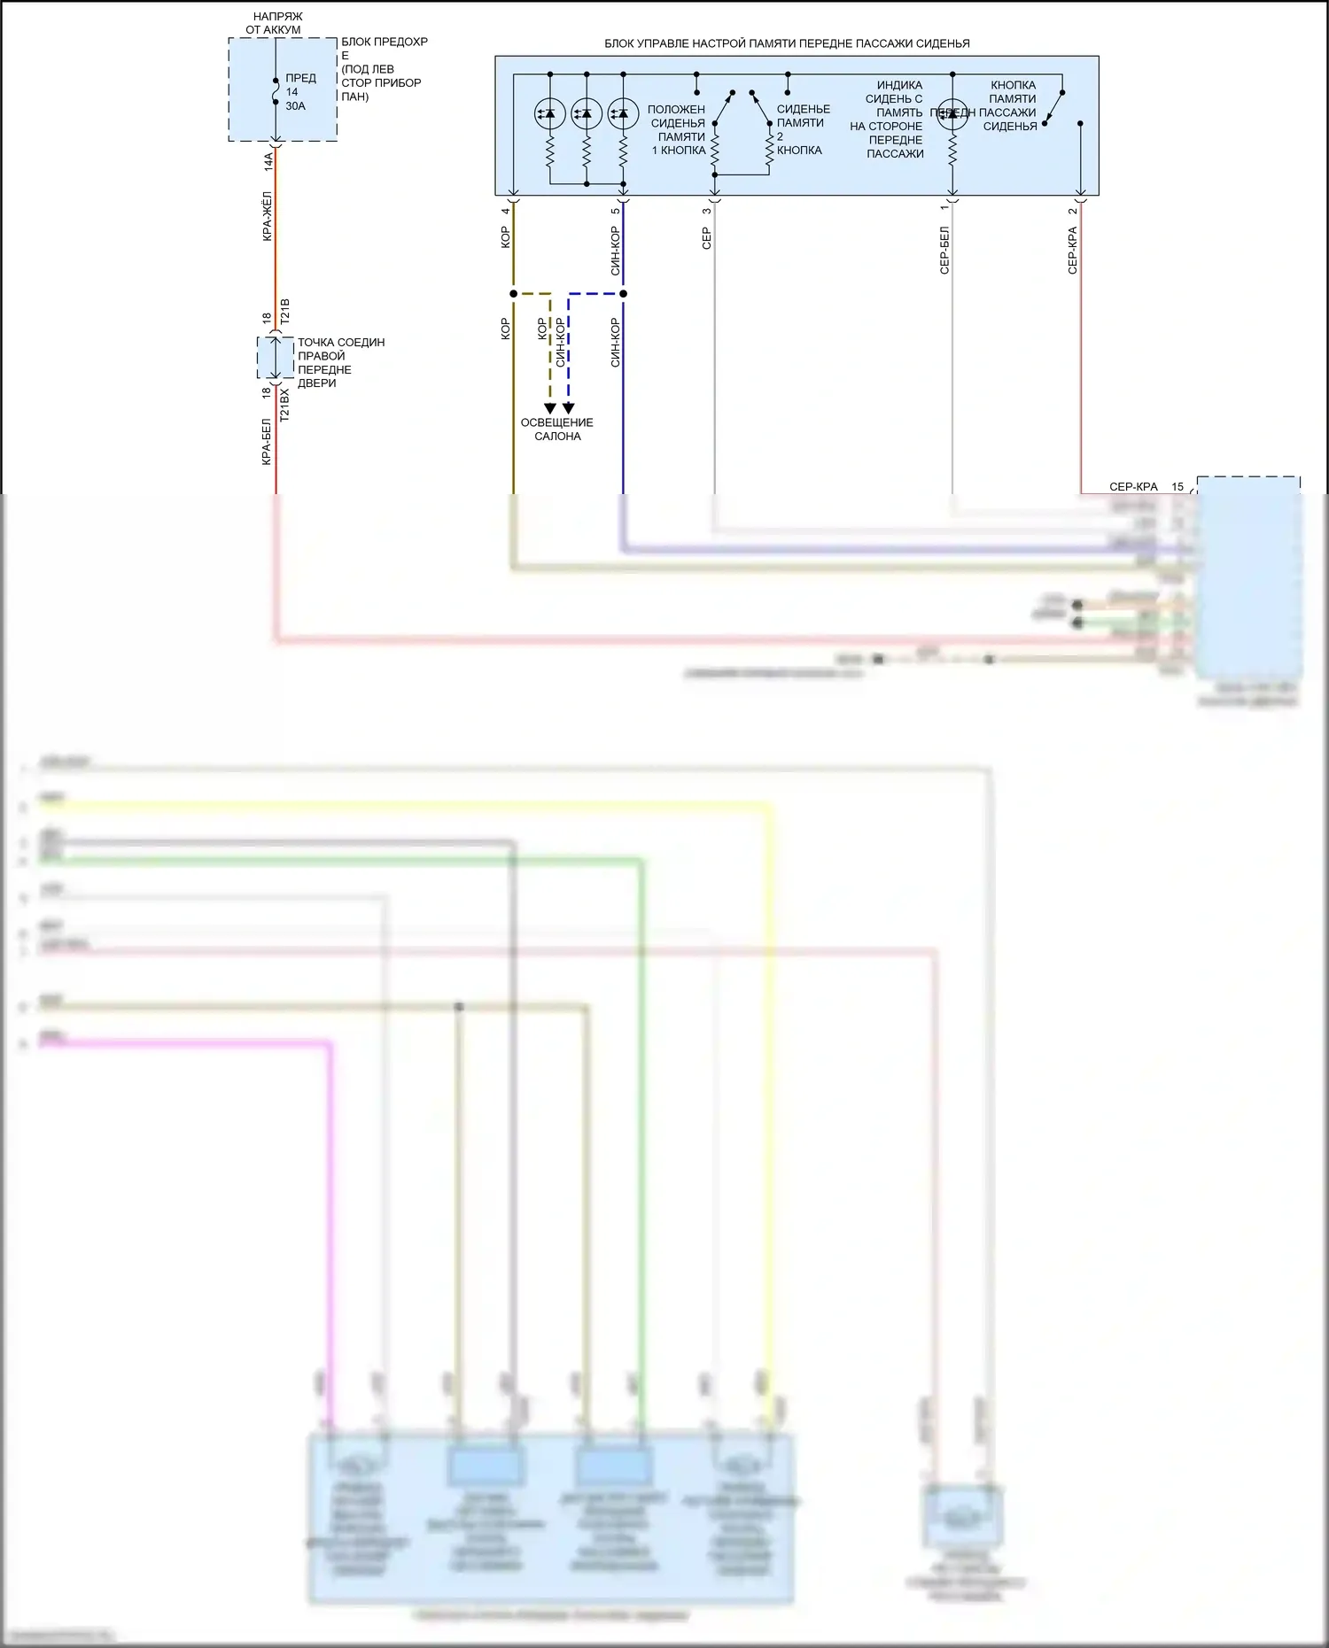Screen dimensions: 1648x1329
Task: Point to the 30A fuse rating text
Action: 295,106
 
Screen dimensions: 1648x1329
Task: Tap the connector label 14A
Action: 268,161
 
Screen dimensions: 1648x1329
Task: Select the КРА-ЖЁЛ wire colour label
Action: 268,216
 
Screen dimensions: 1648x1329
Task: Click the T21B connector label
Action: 285,311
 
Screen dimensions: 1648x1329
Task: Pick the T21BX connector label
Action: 285,405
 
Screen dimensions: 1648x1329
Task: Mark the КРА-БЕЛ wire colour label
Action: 267,442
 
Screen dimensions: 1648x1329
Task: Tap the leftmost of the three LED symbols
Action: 550,113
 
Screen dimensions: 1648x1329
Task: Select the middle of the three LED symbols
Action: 587,113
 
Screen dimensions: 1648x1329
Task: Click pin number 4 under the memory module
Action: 506,211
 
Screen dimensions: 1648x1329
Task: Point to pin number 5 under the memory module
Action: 616,211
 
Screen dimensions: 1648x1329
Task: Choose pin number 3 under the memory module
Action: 707,211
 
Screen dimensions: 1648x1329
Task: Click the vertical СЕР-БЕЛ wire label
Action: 944,250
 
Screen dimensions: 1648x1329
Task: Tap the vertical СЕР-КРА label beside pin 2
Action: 1073,250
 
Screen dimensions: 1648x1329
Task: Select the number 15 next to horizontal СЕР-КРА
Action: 1177,487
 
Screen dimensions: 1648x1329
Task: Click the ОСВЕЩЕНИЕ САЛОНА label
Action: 557,429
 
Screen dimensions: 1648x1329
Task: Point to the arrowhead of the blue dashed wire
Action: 569,408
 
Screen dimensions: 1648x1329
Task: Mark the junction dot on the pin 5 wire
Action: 623,293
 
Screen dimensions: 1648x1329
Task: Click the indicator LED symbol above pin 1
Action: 952,113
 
